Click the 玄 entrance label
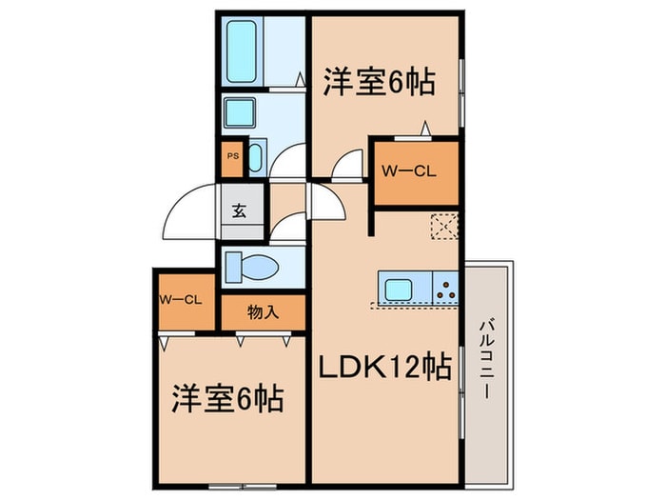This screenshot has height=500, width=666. (x=238, y=211)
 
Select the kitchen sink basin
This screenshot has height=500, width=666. (x=396, y=287)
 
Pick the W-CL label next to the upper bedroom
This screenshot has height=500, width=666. (x=409, y=171)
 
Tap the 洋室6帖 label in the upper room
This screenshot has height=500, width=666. (x=378, y=82)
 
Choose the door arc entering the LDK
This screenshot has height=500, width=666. (x=329, y=202)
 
